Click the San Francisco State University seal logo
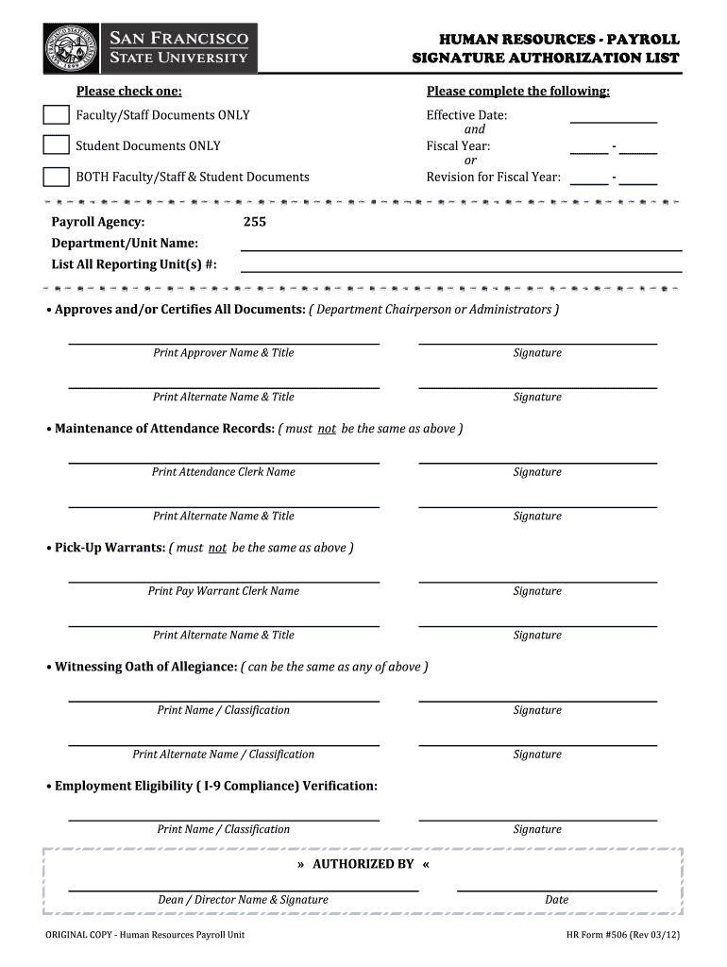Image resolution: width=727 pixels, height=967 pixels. (x=71, y=48)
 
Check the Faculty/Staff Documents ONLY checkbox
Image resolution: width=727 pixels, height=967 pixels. (x=57, y=115)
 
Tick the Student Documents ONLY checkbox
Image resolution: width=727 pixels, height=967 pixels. (x=57, y=145)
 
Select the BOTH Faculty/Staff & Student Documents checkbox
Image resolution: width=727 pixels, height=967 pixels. (x=57, y=177)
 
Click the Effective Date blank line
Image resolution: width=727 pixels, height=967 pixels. (x=613, y=121)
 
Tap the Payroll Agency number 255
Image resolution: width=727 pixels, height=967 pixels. (x=255, y=222)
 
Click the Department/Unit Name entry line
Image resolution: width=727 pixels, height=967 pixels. (x=461, y=249)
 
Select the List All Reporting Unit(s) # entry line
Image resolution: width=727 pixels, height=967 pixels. (x=461, y=271)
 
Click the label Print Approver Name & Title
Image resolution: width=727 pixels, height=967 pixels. (x=224, y=353)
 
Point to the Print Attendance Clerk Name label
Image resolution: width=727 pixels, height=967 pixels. (x=224, y=472)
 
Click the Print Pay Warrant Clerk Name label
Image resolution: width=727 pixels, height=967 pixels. (x=224, y=591)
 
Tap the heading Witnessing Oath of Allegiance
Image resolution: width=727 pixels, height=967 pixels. (x=145, y=667)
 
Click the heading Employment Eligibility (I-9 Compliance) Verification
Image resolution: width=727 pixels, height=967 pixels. (x=215, y=787)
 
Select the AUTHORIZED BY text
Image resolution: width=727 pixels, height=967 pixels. (x=363, y=864)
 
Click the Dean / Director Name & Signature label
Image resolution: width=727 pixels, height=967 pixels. (x=243, y=900)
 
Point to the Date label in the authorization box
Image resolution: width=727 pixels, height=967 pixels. (x=556, y=900)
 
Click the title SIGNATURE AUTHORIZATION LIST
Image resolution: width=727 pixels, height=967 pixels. (x=546, y=59)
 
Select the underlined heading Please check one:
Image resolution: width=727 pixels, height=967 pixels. (x=129, y=92)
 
